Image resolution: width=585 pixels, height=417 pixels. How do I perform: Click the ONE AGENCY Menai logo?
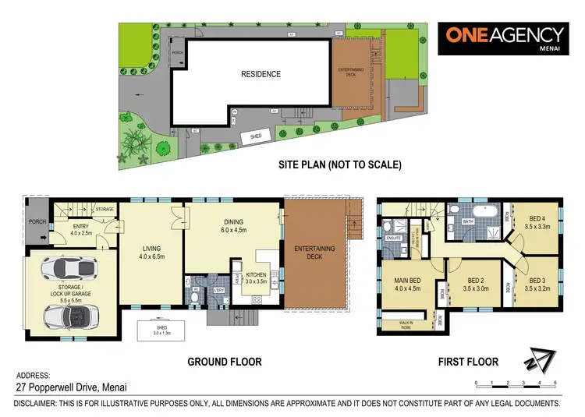pos(505,38)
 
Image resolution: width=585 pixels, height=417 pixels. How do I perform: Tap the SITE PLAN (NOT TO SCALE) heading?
pos(340,165)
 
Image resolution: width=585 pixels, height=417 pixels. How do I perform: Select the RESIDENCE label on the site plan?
pos(261,75)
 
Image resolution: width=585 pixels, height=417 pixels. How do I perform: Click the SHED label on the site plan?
pos(255,136)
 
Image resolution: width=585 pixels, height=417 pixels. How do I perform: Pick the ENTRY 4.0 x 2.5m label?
pos(81,229)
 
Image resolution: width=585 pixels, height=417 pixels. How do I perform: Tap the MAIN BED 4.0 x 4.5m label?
pos(409,284)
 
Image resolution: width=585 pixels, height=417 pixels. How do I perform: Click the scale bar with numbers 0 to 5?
pos(515,383)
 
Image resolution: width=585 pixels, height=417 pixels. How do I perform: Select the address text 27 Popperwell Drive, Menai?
pos(69,387)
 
